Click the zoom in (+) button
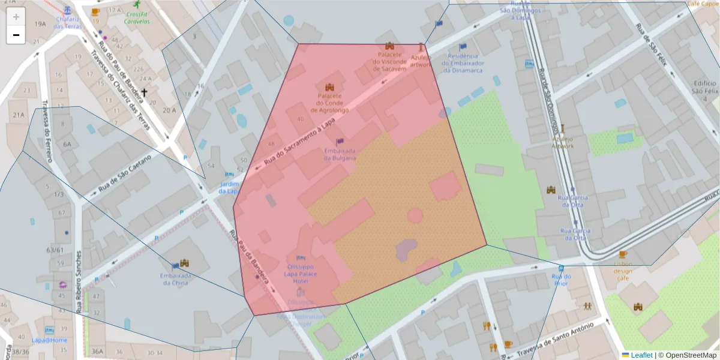click(16, 17)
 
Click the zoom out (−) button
click(16, 35)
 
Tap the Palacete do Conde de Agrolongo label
click(332, 103)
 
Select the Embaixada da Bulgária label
click(340, 154)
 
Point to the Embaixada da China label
click(175, 279)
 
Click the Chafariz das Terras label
click(66, 22)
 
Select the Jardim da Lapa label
click(229, 187)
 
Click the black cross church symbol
click(144, 93)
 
